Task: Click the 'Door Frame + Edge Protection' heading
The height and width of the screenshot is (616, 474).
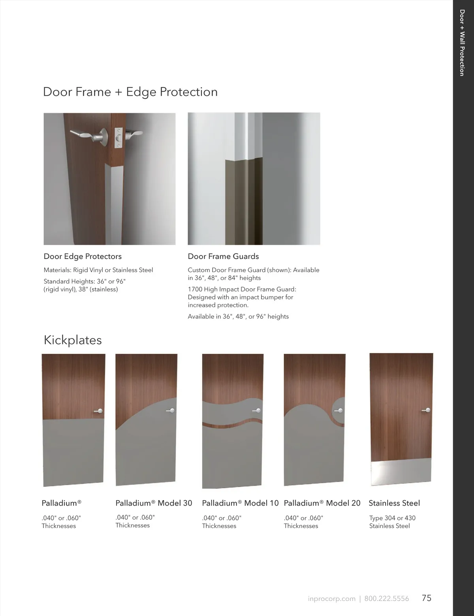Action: point(130,92)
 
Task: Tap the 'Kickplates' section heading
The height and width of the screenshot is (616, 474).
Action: point(73,340)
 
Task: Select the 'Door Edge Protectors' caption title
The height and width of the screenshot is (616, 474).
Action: point(83,257)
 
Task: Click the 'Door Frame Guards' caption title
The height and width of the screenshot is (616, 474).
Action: point(223,257)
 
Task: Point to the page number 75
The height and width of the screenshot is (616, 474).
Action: point(427,598)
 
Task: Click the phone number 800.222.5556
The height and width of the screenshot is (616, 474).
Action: point(386,599)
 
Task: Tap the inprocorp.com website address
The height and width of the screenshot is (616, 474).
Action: point(331,599)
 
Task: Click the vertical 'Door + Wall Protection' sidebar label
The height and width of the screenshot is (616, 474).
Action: point(462,43)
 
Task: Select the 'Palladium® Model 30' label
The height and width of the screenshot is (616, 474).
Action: point(154,503)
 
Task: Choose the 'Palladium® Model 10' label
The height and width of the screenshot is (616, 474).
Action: point(241,503)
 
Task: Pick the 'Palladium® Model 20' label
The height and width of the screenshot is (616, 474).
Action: point(322,503)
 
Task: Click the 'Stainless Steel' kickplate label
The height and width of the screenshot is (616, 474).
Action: point(394,503)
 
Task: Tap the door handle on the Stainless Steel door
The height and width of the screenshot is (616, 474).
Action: point(427,410)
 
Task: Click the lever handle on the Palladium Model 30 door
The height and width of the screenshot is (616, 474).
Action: point(171,410)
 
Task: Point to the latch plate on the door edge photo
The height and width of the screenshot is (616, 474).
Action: point(118,138)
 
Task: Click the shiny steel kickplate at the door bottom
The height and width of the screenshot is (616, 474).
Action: point(401,472)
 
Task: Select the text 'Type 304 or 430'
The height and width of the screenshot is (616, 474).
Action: point(392,518)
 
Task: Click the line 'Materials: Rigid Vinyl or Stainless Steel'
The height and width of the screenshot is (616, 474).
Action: point(98,270)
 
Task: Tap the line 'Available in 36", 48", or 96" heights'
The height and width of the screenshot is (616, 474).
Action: point(238,316)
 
